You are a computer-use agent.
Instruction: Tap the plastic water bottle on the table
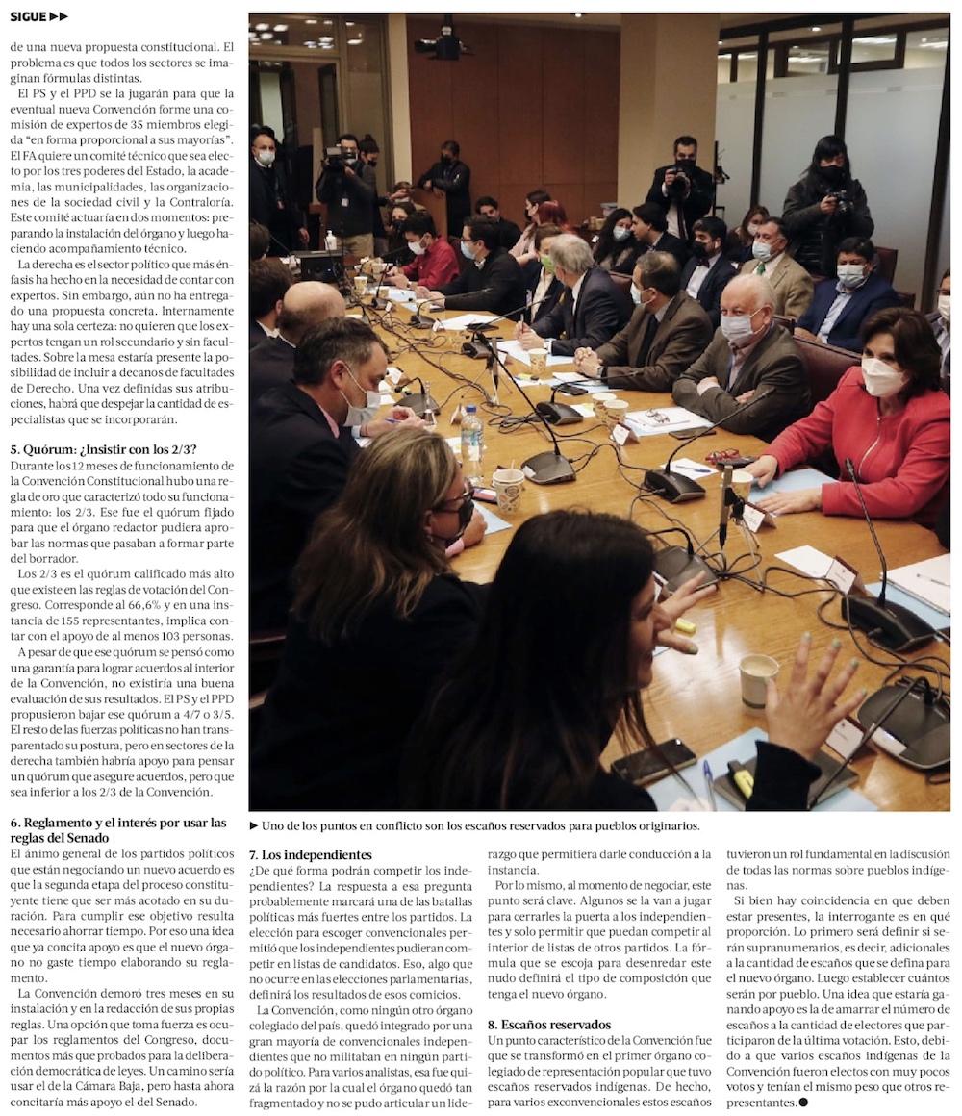(x=471, y=444)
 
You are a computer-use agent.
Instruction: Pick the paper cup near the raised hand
(x=758, y=679)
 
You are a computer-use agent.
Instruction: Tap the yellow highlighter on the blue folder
(x=743, y=781)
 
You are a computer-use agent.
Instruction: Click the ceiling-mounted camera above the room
(x=444, y=43)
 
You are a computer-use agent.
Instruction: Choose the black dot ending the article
(x=803, y=1102)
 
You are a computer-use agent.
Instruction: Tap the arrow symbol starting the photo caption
(x=254, y=825)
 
